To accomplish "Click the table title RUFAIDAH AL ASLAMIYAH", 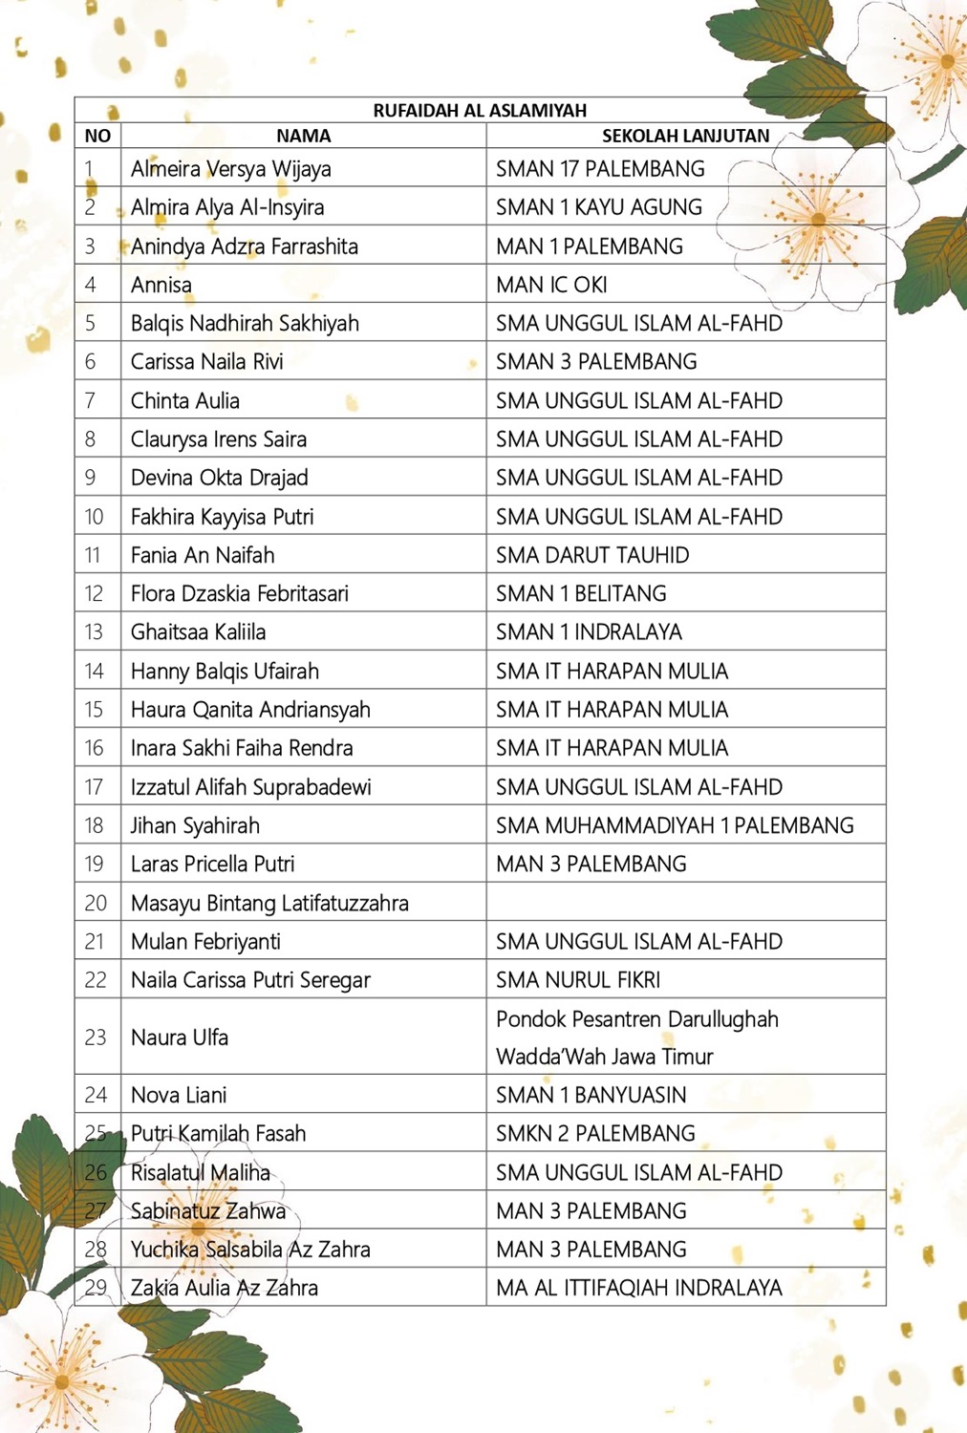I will (x=480, y=110).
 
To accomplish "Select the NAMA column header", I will (x=303, y=136).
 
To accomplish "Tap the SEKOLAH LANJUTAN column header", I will (x=685, y=136).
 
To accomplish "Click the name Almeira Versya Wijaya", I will (x=231, y=169).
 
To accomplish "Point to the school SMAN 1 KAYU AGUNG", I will (x=599, y=207).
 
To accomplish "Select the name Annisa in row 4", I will (x=161, y=285).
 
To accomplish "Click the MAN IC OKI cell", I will (x=551, y=285).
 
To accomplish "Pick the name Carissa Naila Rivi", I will (x=207, y=362).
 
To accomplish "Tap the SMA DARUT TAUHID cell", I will (x=592, y=555).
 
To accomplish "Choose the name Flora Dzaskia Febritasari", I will (x=240, y=593).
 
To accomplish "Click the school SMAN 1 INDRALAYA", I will (x=589, y=631).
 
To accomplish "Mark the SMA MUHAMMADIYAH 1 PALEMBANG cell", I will (x=675, y=825).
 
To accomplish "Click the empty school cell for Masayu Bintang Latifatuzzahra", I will (x=685, y=903).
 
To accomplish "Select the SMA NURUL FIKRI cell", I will (x=578, y=980).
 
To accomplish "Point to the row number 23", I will (x=96, y=1037).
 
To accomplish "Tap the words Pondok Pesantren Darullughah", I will (x=637, y=1019).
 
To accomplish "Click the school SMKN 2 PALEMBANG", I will (x=595, y=1134).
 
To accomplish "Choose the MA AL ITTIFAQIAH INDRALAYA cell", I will (x=639, y=1288).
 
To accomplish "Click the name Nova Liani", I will (x=179, y=1095).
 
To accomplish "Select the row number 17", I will (x=94, y=787).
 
